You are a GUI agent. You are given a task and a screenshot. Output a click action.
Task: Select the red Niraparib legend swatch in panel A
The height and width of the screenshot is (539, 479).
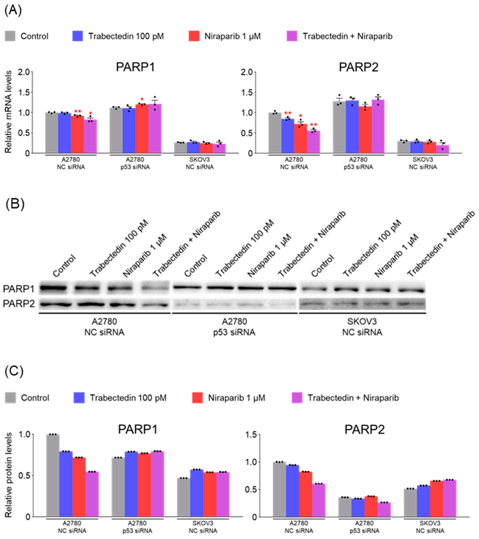(x=194, y=36)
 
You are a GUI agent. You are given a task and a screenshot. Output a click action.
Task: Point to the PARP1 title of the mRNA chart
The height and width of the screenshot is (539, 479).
(x=135, y=67)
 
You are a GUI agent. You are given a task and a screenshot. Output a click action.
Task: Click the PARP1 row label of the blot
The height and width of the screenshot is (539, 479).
(x=18, y=289)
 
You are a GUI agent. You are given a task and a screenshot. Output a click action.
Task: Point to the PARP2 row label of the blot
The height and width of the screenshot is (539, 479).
(x=18, y=304)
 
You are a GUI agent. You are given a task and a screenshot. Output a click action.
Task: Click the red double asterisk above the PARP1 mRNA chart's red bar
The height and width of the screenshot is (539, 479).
(x=78, y=111)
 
